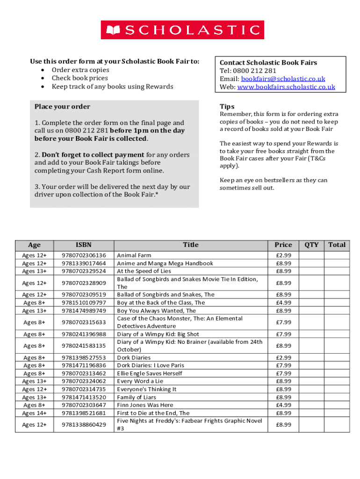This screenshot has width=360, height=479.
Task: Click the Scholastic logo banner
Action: tap(182, 30)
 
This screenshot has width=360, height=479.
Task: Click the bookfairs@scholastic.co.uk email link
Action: tap(283, 79)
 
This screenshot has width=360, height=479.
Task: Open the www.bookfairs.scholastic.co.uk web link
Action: tap(286, 87)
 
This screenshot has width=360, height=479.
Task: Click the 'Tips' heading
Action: tap(227, 107)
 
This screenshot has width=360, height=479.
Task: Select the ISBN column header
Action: tap(84, 245)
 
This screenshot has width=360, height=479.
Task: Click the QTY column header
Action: tap(311, 245)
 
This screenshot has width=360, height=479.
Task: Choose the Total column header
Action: tap(337, 245)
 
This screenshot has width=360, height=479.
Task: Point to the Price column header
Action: tap(283, 245)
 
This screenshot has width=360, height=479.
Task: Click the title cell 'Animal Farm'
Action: tap(134, 255)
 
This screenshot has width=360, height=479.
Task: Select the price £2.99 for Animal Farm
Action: tap(283, 255)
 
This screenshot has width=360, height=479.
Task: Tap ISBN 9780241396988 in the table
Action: tap(84, 334)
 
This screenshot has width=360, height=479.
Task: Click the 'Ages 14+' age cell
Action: tap(34, 413)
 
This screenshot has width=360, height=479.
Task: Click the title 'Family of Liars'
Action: tap(137, 397)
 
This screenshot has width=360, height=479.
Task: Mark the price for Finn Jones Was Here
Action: tap(283, 405)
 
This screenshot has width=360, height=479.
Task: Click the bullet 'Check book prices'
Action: tap(79, 78)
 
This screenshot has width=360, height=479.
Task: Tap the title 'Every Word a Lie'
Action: tap(140, 381)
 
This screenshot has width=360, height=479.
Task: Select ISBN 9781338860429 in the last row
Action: tap(84, 424)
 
